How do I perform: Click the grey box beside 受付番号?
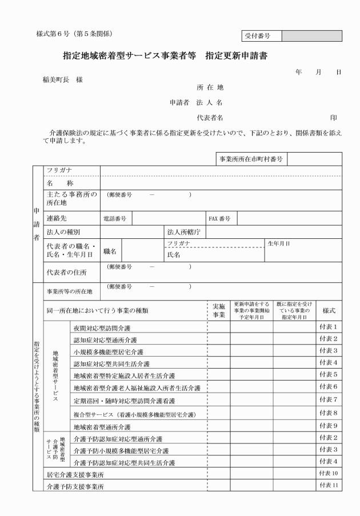coord(311,36)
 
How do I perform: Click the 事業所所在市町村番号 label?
coord(251,158)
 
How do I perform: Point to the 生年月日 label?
coord(279,243)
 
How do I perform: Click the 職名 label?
coord(110,251)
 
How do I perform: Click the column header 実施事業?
coord(218,310)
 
